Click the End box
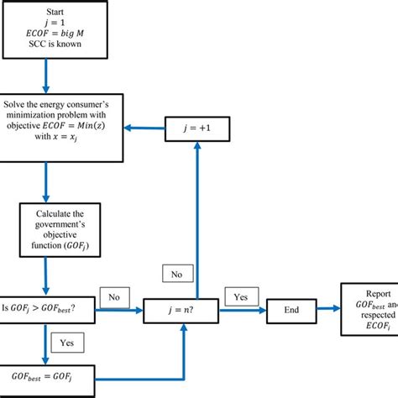point(291,309)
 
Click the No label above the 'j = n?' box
point(178,273)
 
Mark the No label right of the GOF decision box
point(114,296)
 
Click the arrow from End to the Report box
point(327,309)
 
